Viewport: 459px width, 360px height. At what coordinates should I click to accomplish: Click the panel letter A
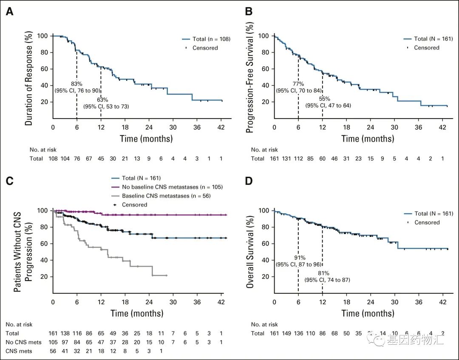pyautogui.click(x=9, y=12)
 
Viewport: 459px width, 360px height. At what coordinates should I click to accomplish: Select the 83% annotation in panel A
pyautogui.click(x=76, y=84)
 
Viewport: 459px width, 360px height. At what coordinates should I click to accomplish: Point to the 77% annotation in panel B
pyautogui.click(x=298, y=84)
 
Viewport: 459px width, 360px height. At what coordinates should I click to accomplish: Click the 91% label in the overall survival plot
pyautogui.click(x=298, y=258)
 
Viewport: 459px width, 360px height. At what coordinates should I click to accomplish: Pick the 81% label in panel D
pyautogui.click(x=323, y=273)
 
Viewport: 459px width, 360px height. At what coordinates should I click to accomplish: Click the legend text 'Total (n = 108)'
pyautogui.click(x=211, y=39)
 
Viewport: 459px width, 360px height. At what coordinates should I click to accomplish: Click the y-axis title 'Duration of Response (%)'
pyautogui.click(x=28, y=78)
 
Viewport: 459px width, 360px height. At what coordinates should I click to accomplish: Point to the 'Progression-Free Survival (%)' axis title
pyautogui.click(x=250, y=78)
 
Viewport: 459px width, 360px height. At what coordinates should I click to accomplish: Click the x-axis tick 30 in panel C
pyautogui.click(x=173, y=302)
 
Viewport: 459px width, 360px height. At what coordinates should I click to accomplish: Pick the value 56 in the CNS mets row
pyautogui.click(x=53, y=351)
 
